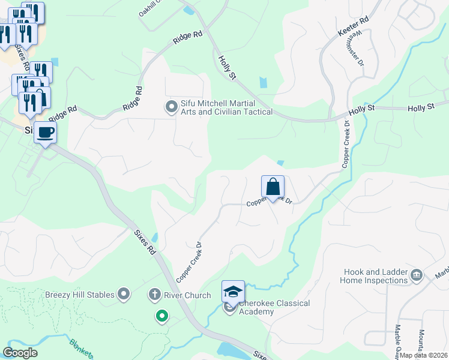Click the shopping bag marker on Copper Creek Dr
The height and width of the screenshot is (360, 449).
pos(273,187)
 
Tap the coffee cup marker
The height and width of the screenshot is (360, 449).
pos(45,132)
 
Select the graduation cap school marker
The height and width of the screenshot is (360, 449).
pos(233,292)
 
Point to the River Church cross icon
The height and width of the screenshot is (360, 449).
pos(154,295)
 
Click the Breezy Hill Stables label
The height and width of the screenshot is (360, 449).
pos(80,295)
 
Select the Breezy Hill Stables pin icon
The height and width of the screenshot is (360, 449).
pos(124,294)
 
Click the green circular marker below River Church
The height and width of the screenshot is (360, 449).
pos(161,316)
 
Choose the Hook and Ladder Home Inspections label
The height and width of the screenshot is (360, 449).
pos(373,276)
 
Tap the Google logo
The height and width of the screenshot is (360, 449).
pos(20,353)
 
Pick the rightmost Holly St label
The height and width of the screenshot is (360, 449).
pos(421,108)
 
